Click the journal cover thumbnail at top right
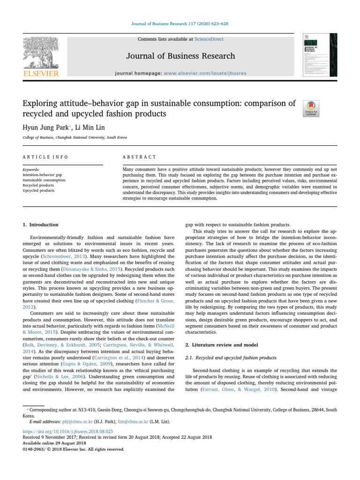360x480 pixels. (x=320, y=54)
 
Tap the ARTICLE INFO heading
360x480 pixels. (x=45, y=157)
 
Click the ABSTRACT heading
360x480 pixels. (x=139, y=157)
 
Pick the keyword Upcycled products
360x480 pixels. (x=38, y=190)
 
